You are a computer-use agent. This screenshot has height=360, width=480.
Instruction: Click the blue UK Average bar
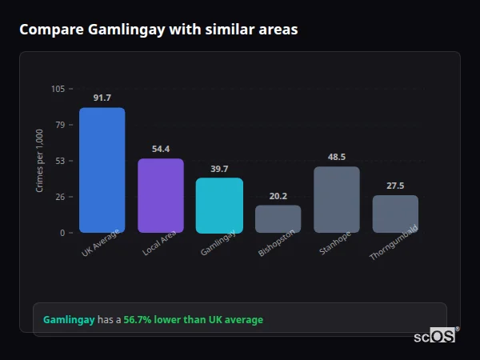102,170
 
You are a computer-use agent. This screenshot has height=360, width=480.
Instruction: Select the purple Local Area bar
161,196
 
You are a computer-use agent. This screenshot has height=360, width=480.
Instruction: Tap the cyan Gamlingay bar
219,206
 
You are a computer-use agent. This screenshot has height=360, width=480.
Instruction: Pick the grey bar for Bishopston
278,219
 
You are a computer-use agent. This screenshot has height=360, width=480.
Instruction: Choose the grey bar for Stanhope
337,200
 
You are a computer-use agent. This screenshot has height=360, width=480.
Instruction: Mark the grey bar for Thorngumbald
395,214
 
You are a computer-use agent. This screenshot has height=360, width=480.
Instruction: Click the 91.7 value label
102,98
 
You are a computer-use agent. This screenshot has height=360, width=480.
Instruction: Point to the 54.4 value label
161,149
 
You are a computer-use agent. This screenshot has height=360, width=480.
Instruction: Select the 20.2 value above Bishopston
278,196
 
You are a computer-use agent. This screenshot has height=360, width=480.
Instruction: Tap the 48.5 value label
337,157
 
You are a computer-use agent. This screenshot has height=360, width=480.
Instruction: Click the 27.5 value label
395,186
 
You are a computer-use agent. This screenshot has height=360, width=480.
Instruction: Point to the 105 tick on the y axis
58,89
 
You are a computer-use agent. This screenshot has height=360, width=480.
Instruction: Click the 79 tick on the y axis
60,125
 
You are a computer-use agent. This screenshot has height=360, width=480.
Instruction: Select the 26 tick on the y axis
60,197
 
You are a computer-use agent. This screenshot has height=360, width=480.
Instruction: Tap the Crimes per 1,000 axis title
39,161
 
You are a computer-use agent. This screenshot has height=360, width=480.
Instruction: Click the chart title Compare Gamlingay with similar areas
158,30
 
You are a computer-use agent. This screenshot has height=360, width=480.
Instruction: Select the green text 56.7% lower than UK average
193,320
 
